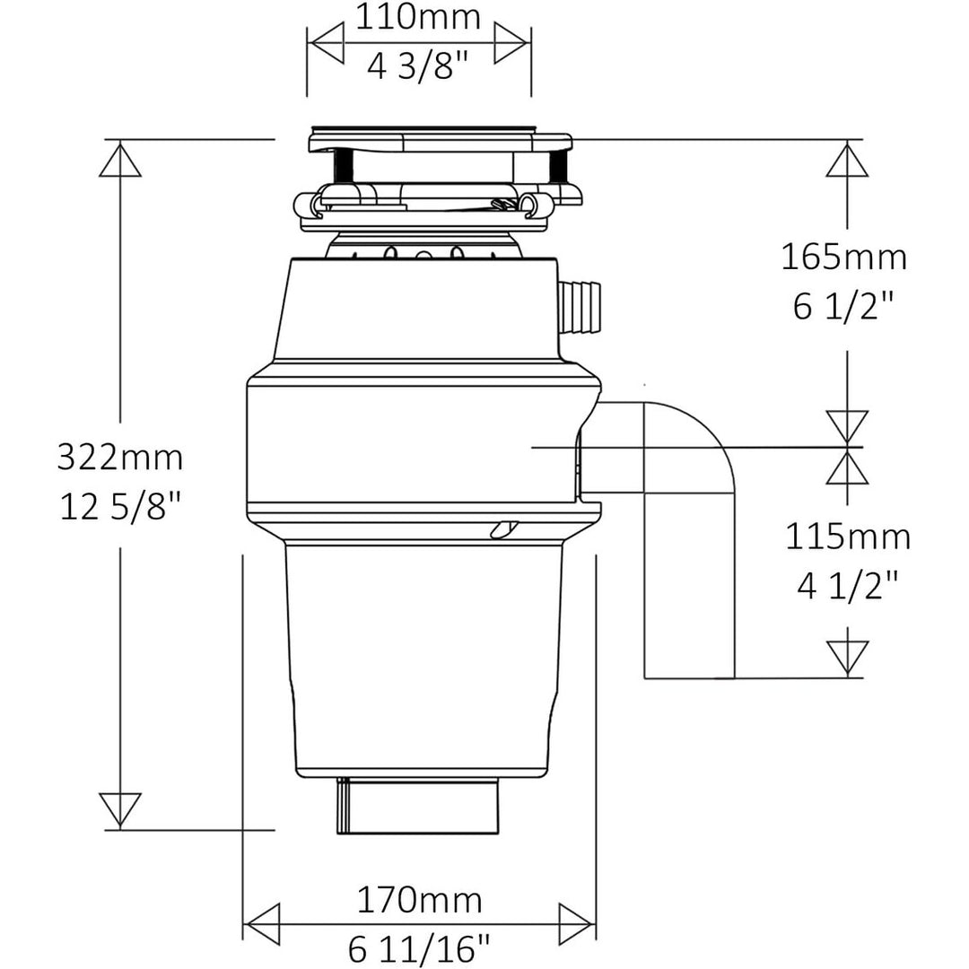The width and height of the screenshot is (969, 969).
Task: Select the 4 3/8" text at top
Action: tap(418, 65)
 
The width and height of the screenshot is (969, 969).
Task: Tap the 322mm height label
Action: tap(120, 458)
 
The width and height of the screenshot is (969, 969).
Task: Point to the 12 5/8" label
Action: tap(120, 507)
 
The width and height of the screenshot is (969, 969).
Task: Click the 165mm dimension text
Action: tap(844, 258)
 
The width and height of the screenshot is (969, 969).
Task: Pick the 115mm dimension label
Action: tap(848, 537)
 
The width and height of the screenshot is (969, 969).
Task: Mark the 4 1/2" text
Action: tap(848, 585)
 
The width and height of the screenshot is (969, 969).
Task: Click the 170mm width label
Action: tap(419, 901)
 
